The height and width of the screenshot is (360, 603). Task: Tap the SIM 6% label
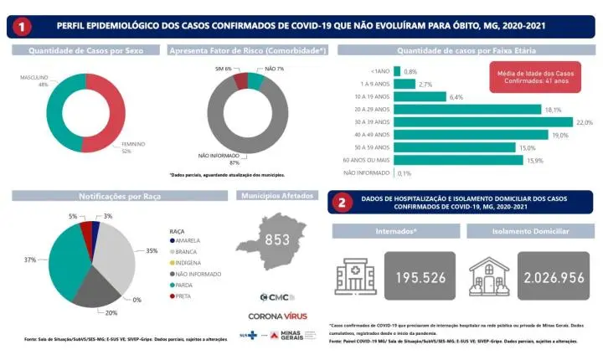tap(223, 67)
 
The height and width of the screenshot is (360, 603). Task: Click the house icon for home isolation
tap(490, 275)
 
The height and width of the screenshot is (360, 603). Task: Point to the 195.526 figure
tap(421, 277)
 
